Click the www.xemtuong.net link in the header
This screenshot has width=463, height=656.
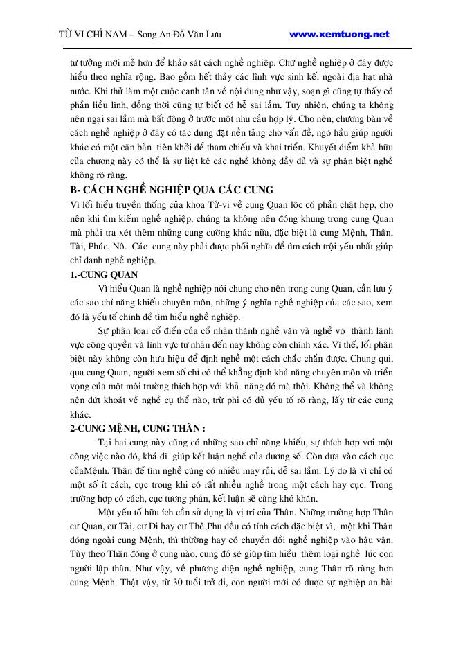(338, 34)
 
